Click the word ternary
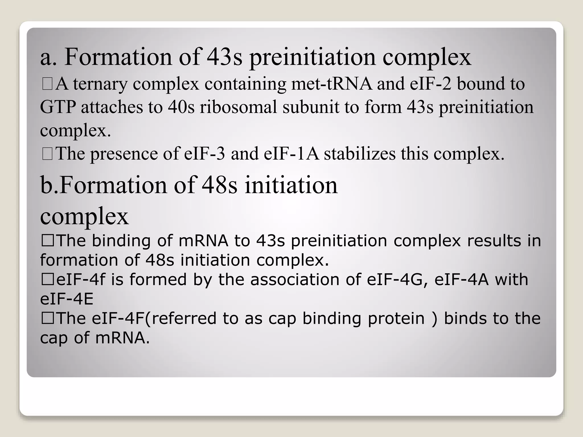point(100,84)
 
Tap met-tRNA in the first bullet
point(331,84)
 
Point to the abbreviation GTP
point(58,108)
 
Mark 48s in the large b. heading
point(219,185)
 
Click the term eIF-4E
point(67,299)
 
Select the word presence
point(124,154)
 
